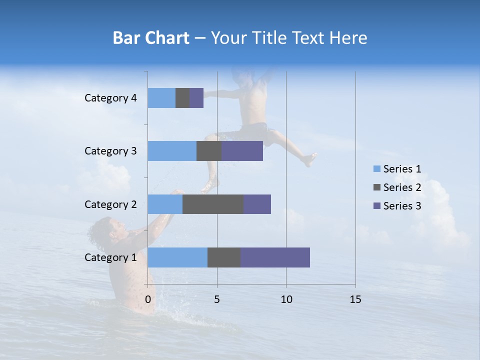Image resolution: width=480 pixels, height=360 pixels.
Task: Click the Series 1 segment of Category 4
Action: coord(161,98)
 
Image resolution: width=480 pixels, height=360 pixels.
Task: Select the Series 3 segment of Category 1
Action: coord(275,257)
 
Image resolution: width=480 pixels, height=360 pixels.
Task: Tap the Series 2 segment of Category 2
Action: coord(213,204)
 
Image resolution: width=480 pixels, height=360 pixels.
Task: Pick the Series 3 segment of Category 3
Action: coord(242,151)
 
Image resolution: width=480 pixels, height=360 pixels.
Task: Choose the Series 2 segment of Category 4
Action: coord(182,98)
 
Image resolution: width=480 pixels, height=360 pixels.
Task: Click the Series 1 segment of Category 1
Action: coord(177,257)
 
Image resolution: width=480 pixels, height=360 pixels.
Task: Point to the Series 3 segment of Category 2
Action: coord(257,204)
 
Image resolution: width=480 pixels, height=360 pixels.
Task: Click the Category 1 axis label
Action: coord(110,257)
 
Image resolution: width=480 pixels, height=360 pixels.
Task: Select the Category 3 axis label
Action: coord(110,151)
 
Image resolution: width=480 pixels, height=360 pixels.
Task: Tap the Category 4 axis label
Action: coord(110,98)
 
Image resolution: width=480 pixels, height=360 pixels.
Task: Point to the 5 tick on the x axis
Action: coord(217,299)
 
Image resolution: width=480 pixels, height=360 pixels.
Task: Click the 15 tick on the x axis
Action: coord(355,299)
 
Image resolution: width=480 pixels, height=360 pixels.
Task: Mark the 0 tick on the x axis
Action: coord(148,299)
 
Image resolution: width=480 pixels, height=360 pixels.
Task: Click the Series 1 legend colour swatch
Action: coord(376,169)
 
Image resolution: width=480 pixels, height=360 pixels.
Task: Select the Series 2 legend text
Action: coord(402,187)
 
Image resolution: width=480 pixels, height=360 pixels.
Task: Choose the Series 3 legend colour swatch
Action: coord(376,206)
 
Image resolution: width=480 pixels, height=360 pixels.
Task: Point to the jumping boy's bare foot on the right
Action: coord(309,159)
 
